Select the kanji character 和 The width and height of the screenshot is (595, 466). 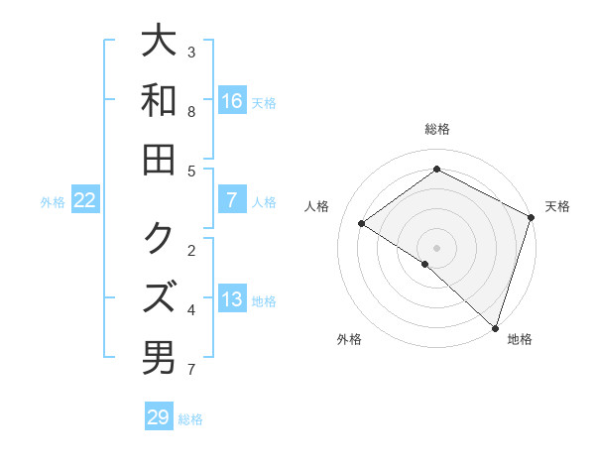coord(159,102)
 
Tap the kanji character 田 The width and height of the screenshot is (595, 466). coord(159,160)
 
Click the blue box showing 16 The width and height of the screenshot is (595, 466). coord(232,100)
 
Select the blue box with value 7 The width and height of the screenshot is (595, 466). coord(232,200)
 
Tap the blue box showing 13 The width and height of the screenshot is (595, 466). coord(232,299)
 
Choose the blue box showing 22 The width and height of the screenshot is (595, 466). coord(85,200)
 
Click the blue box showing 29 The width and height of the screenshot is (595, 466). coord(159,417)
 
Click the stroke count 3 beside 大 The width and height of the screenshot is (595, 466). coord(191,52)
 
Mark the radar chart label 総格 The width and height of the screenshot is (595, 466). coord(436,129)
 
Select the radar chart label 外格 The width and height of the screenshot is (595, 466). coord(349,339)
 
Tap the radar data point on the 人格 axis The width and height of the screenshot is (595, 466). coord(362,224)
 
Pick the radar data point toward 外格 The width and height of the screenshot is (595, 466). coord(424,264)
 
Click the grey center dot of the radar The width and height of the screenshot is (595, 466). coord(436,247)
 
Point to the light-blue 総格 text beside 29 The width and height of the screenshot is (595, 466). coord(190,419)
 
